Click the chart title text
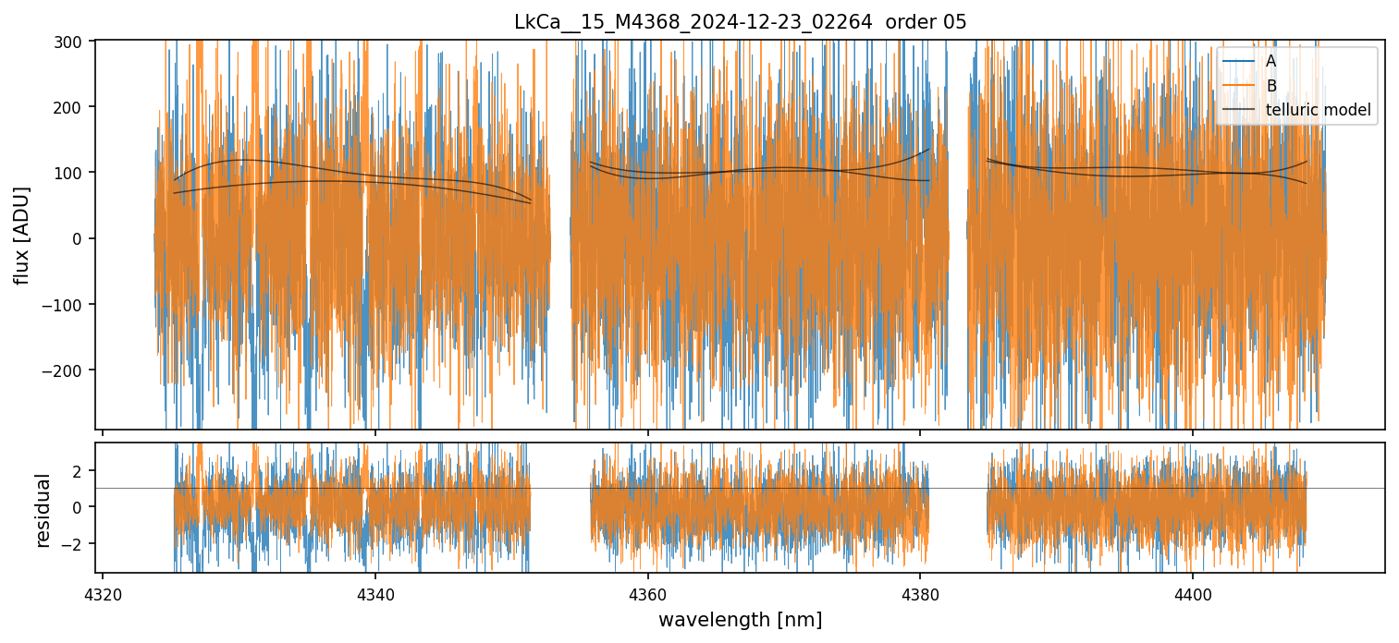coord(740,22)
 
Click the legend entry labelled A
coord(1270,61)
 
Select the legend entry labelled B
coord(1270,86)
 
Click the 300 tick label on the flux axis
coord(72,42)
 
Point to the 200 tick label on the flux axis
coord(72,107)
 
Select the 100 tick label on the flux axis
coord(72,173)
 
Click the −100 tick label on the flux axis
coord(67,305)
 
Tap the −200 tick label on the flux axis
coord(67,370)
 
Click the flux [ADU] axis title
coord(21,235)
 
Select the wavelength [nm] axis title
coord(740,619)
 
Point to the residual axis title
coord(43,509)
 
